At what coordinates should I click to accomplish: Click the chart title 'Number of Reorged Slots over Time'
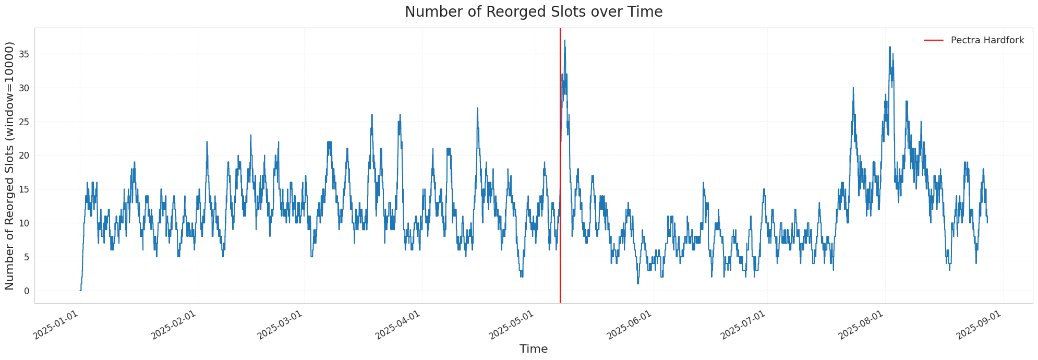pos(533,12)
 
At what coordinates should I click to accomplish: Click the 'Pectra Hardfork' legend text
pos(987,40)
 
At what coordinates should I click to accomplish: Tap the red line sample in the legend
pos(934,40)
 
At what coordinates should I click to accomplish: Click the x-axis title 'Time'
pos(533,349)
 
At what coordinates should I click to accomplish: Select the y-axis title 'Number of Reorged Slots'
pos(10,165)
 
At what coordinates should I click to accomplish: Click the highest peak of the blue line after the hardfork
pos(564,41)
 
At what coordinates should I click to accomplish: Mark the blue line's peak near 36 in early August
pos(889,47)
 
